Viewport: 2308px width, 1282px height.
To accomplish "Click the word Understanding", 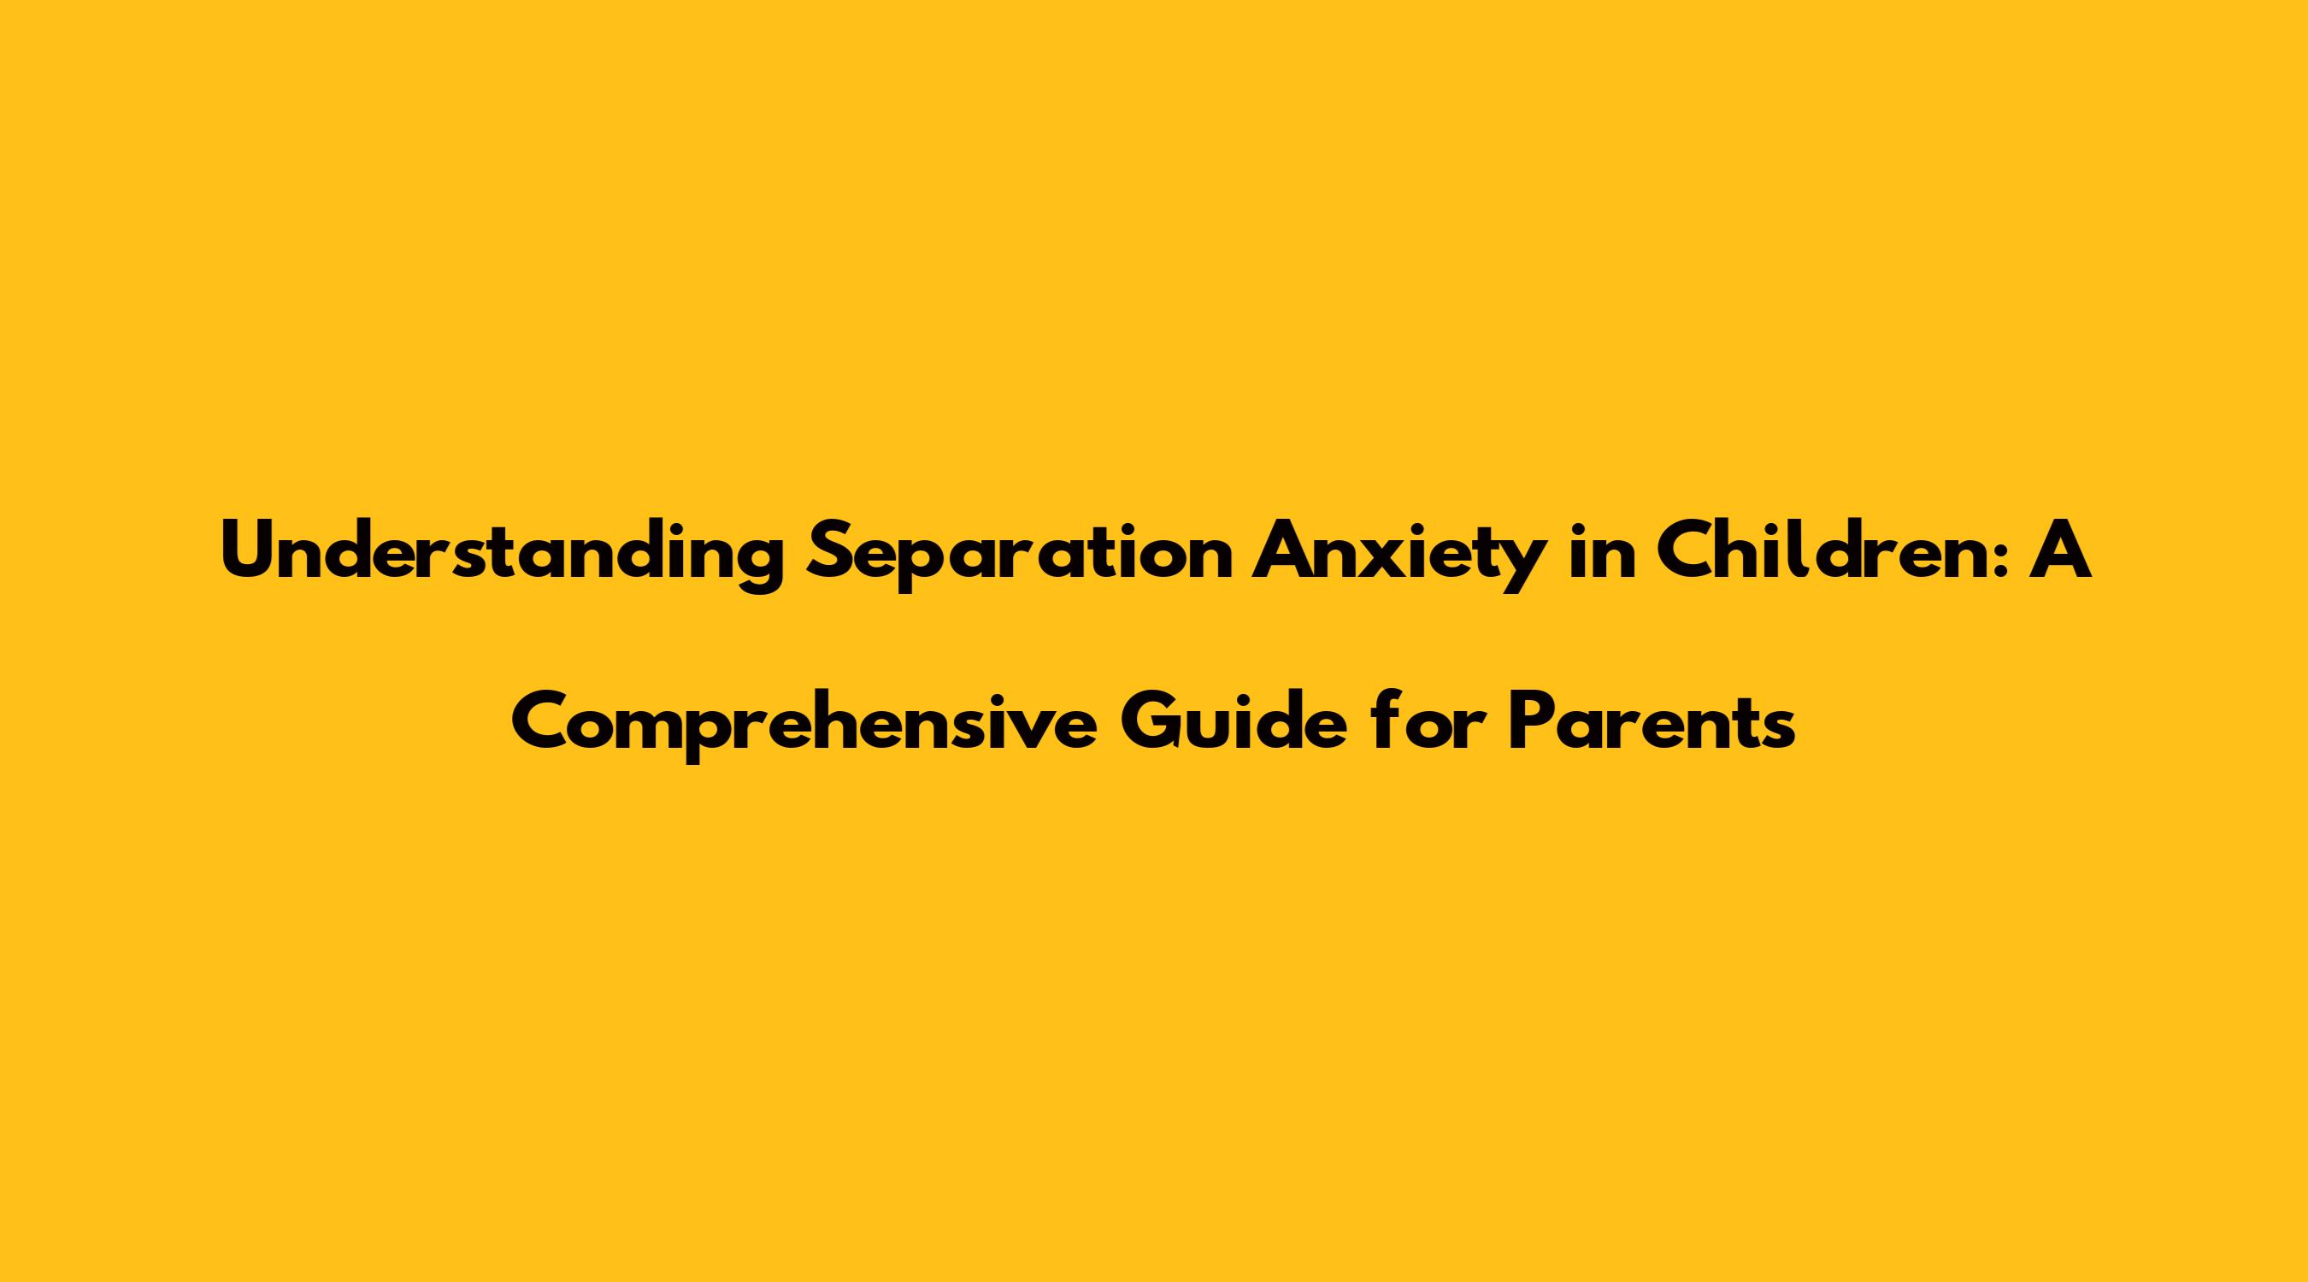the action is [x=503, y=554].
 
